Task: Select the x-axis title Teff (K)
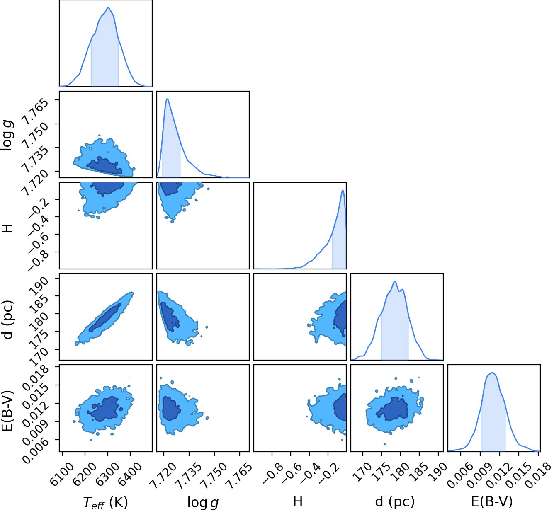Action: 105,502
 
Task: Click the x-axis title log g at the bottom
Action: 203,503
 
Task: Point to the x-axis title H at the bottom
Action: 298,502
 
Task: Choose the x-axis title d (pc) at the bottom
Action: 395,502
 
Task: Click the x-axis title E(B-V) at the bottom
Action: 492,502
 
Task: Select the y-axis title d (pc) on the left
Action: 8,320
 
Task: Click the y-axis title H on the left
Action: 8,228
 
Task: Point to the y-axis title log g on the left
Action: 8,135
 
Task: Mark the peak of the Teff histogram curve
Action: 108,7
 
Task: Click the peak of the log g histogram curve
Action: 167,99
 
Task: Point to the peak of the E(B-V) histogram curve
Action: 493,373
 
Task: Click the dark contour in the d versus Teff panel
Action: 105,317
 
